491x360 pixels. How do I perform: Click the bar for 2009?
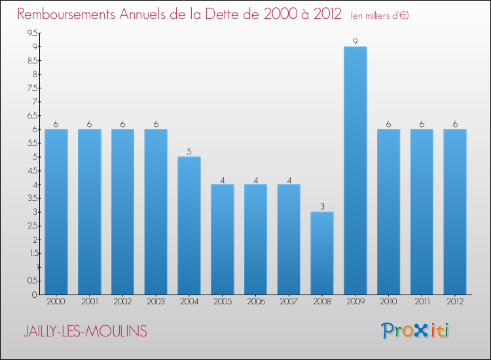(x=355, y=170)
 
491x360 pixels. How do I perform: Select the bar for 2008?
(x=321, y=253)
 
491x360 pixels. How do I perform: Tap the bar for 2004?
(x=189, y=225)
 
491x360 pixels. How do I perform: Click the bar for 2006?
(x=255, y=239)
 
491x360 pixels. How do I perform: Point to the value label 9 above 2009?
(x=355, y=41)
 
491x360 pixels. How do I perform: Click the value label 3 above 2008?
(x=321, y=207)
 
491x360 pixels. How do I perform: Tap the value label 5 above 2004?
(x=189, y=152)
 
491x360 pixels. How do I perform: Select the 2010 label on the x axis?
(x=388, y=302)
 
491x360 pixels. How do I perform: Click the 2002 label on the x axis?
(x=122, y=302)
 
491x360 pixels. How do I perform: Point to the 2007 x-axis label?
(x=289, y=302)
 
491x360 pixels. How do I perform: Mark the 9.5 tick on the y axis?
(x=32, y=33)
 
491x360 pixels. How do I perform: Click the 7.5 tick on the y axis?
(x=32, y=88)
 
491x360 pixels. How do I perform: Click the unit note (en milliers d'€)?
(x=380, y=16)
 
